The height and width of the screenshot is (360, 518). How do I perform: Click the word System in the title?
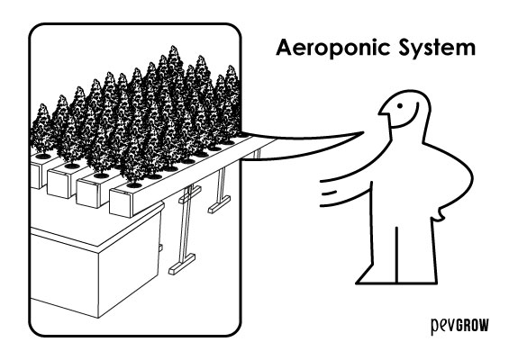[437, 49]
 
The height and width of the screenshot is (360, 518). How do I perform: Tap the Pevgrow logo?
[459, 326]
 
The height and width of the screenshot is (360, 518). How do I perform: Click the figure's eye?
[399, 106]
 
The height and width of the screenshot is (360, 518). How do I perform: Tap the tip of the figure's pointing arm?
[363, 132]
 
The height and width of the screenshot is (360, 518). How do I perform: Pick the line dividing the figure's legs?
[396, 255]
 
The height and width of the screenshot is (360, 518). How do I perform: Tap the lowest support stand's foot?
[181, 264]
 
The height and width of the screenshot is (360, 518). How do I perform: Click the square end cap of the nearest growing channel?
[122, 202]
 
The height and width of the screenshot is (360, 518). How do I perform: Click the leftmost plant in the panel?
[41, 130]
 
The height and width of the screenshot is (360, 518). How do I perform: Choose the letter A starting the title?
[285, 49]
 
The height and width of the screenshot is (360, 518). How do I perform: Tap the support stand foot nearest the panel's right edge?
[219, 204]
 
